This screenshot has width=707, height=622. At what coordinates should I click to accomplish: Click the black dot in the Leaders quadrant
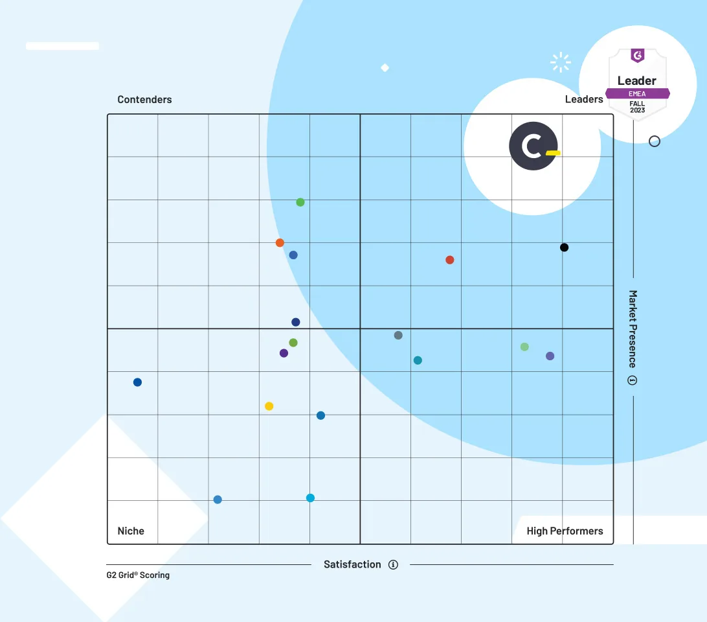pos(564,248)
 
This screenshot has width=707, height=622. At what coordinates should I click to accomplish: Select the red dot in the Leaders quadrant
pos(450,260)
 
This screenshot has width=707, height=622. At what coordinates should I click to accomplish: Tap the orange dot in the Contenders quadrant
pos(280,243)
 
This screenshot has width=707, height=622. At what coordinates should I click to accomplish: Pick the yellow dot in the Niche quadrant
pos(269,406)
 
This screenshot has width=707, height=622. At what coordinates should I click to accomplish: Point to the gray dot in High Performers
pos(398,335)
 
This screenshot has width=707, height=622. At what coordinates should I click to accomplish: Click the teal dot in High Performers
pos(418,360)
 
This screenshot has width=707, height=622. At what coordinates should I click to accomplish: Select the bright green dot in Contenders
pos(300,202)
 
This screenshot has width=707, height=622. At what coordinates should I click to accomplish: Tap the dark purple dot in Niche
pos(284,353)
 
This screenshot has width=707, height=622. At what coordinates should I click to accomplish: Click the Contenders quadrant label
pos(144,100)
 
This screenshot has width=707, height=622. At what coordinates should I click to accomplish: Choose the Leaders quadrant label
pos(584,99)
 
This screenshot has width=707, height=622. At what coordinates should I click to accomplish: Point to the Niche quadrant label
pos(131,531)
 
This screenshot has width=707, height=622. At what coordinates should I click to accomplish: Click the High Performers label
pos(565,531)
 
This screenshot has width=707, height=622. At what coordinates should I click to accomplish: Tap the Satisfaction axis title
pos(352,564)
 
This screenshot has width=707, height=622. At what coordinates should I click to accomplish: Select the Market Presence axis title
pos(633,328)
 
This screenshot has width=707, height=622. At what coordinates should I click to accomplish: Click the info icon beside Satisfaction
pos(393,564)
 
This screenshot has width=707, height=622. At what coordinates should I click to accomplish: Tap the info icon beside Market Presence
pos(633,380)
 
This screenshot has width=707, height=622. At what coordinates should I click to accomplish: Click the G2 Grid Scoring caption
pos(138,575)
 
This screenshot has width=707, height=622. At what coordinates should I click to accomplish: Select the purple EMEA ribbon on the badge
pos(637,93)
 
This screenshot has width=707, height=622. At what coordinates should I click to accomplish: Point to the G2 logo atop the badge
pos(638,56)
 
